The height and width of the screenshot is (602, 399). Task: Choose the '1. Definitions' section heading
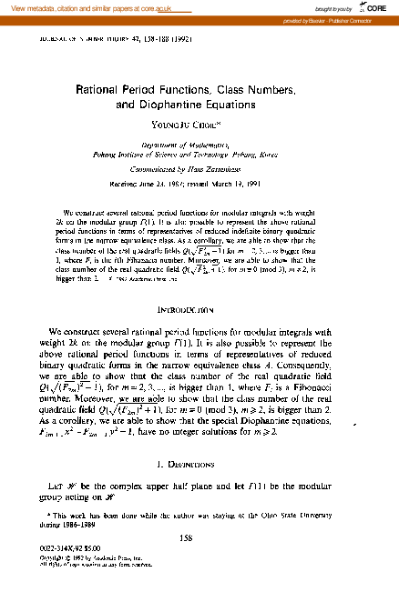199,465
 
